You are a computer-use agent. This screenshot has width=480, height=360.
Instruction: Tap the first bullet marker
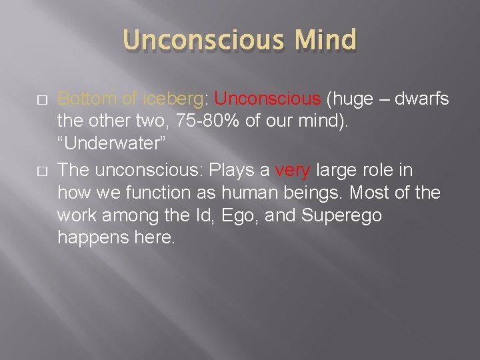(x=42, y=100)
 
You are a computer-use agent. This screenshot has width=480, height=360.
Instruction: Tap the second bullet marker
(x=42, y=171)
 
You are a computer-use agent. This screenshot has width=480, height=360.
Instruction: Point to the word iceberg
(x=172, y=99)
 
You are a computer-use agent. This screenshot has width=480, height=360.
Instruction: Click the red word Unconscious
(x=268, y=99)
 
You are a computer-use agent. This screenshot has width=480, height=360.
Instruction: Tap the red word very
(x=292, y=170)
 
